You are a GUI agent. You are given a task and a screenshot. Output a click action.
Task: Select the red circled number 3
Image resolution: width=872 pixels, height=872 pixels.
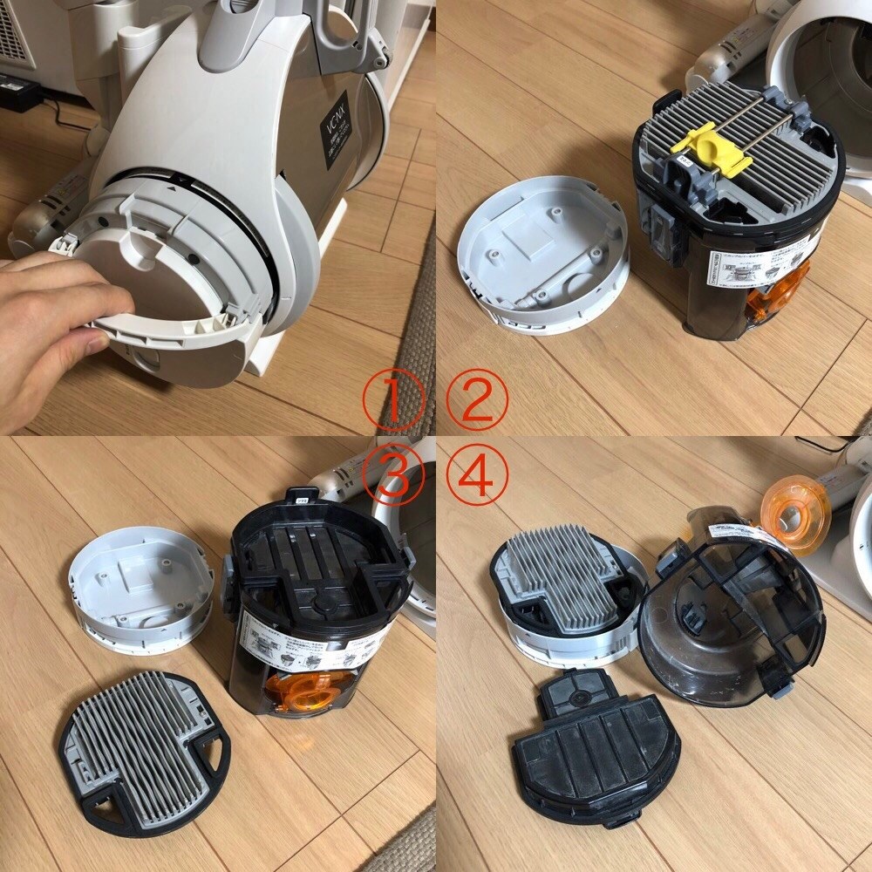pyautogui.click(x=393, y=479)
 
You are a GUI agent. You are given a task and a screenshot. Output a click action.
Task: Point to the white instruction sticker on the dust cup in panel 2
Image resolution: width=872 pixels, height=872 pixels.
pyautogui.click(x=759, y=267)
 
